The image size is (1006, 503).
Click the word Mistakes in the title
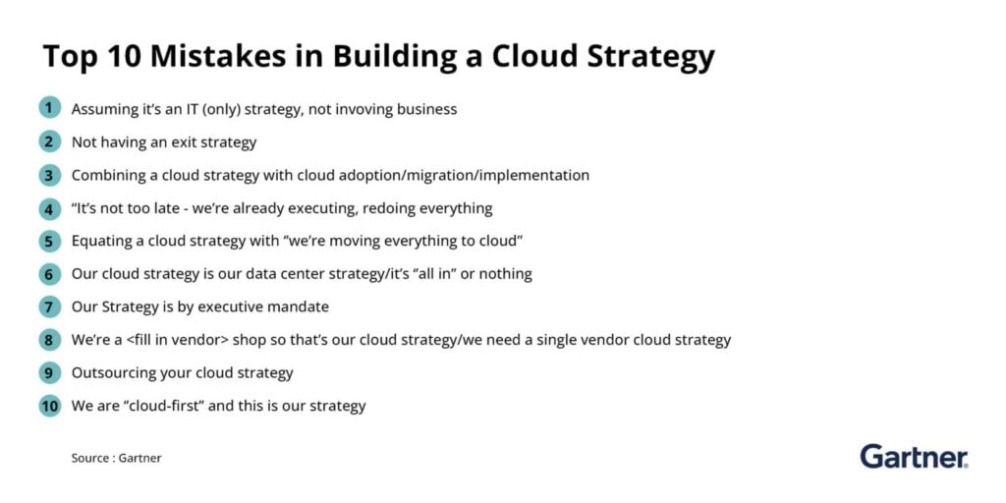pos(219,56)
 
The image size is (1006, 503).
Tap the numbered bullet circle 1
pos(49,108)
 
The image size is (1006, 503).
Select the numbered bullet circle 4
pos(49,208)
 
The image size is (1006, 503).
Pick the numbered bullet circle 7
pos(49,307)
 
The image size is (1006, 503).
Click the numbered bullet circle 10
pos(49,406)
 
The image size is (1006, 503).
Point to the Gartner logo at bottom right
pos(915,456)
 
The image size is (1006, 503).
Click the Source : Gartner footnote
pos(116,458)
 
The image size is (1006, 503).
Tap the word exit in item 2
pos(187,142)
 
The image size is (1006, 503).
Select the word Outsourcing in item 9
pos(106,372)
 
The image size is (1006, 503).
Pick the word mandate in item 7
pos(299,307)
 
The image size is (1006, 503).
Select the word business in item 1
pos(426,109)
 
